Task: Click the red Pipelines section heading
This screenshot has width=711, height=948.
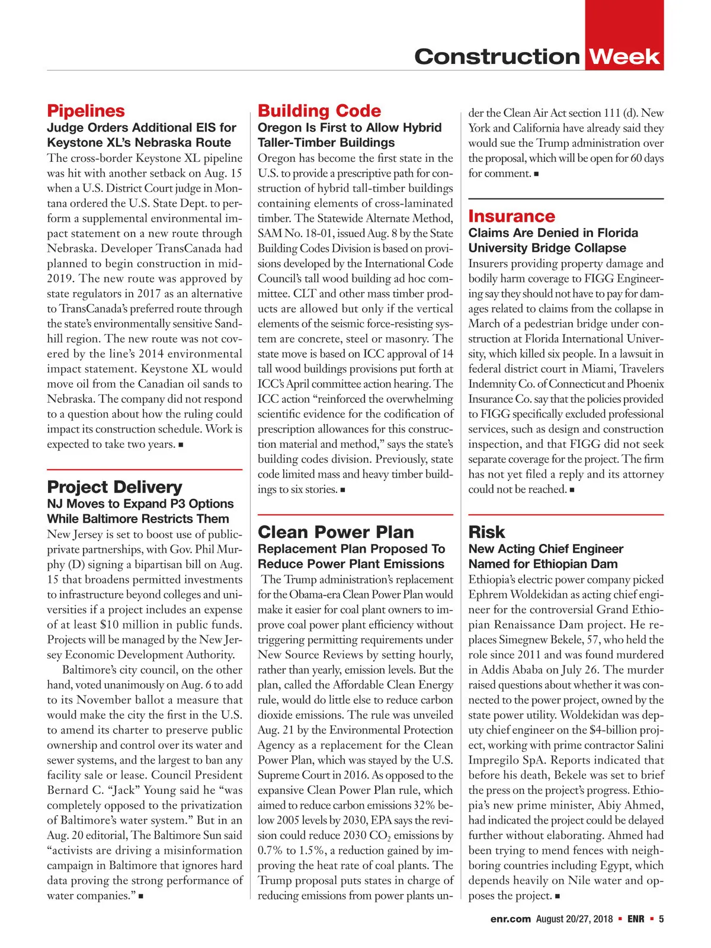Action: pyautogui.click(x=86, y=111)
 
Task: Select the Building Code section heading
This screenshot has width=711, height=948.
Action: pyautogui.click(x=319, y=111)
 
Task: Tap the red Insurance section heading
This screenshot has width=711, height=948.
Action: pyautogui.click(x=511, y=216)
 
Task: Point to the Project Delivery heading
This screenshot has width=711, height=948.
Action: pyautogui.click(x=114, y=487)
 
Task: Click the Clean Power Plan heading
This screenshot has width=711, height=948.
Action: pyautogui.click(x=336, y=532)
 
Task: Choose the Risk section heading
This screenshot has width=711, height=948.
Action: pyautogui.click(x=486, y=532)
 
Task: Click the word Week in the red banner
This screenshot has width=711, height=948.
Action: pyautogui.click(x=624, y=57)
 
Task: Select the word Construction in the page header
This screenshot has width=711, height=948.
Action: pyautogui.click(x=497, y=57)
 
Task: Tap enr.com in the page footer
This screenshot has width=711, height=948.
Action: pyautogui.click(x=510, y=919)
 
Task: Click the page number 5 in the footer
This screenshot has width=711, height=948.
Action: pyautogui.click(x=661, y=919)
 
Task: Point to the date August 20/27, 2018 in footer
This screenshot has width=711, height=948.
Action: pyautogui.click(x=574, y=919)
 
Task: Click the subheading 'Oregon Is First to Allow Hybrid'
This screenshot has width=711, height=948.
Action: pyautogui.click(x=350, y=128)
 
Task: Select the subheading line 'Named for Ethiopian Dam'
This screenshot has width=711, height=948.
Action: pyautogui.click(x=543, y=564)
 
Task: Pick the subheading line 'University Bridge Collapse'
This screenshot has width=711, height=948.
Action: pyautogui.click(x=547, y=248)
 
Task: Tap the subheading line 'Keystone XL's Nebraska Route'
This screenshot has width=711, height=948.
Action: pyautogui.click(x=139, y=143)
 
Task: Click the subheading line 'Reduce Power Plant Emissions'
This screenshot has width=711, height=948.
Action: pyautogui.click(x=351, y=564)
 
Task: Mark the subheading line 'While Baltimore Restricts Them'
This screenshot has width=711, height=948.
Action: pyautogui.click(x=138, y=519)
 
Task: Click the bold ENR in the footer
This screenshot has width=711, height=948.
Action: pyautogui.click(x=636, y=919)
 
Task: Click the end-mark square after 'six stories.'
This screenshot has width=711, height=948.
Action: pyautogui.click(x=343, y=491)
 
